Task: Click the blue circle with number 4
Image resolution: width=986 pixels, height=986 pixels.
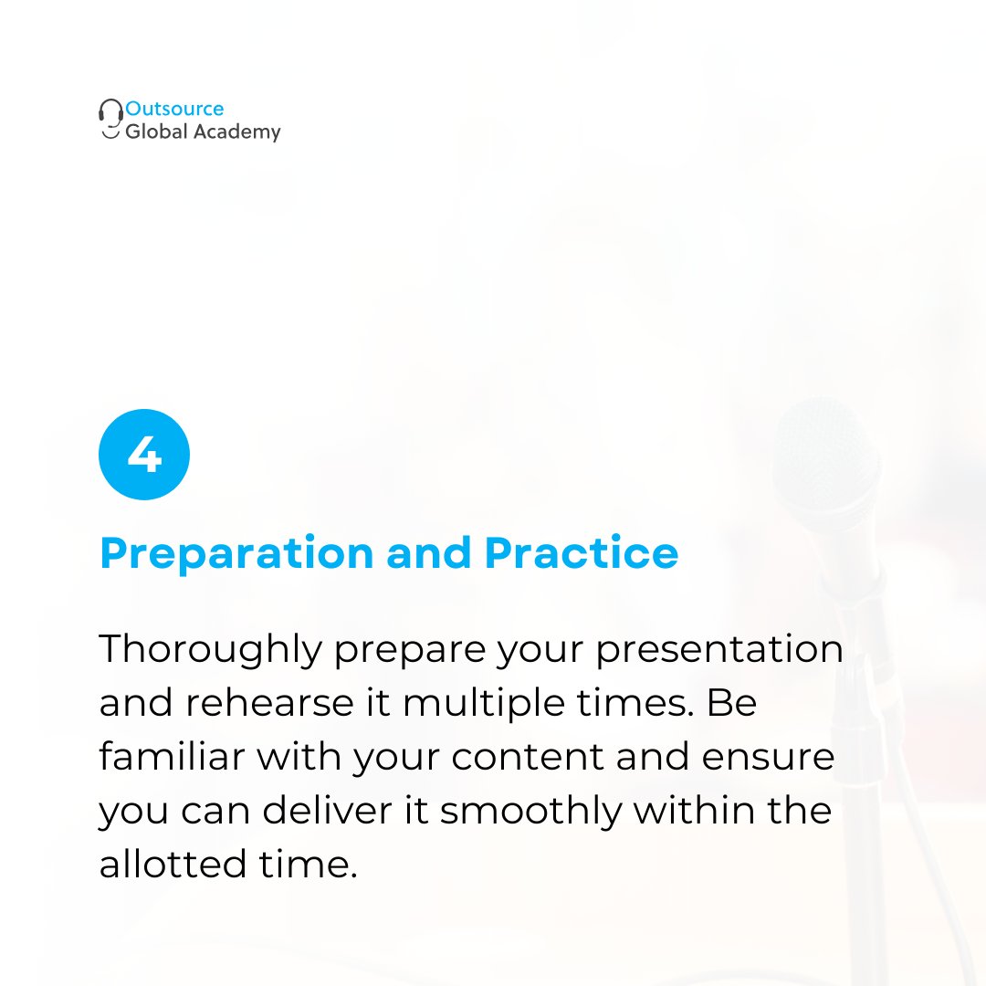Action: coord(144,455)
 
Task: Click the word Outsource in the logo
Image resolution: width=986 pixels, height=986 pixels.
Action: coord(174,110)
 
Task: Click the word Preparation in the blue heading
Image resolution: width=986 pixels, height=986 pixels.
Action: coord(236,554)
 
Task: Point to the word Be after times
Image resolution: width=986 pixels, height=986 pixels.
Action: coord(733,704)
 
